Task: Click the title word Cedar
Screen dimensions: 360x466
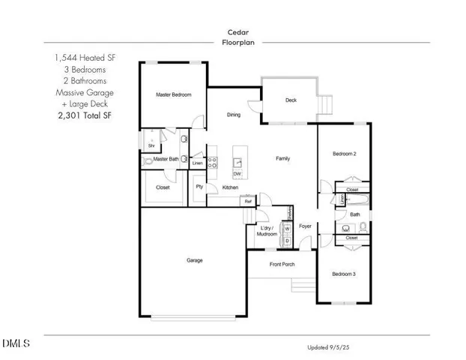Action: (239, 32)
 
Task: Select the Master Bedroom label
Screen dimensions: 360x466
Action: (173, 95)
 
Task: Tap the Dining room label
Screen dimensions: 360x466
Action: (234, 115)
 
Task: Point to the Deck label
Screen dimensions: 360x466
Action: (291, 100)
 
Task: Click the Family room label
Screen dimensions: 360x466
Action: (282, 158)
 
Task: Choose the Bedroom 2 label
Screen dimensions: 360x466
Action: (344, 154)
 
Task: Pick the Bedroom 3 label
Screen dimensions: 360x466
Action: (343, 274)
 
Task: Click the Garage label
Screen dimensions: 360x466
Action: (194, 260)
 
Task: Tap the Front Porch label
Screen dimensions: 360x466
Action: (282, 264)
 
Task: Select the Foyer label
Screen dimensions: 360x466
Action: (305, 226)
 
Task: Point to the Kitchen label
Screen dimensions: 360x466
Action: (230, 187)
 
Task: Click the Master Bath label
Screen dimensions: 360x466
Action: (166, 159)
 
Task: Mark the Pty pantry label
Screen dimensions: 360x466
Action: (199, 187)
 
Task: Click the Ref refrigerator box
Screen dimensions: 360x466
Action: (246, 200)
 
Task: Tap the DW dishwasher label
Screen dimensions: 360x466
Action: (237, 174)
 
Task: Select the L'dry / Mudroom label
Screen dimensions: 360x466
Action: (267, 230)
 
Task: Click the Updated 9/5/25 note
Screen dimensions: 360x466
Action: (328, 347)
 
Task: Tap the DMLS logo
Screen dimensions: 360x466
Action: (16, 344)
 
